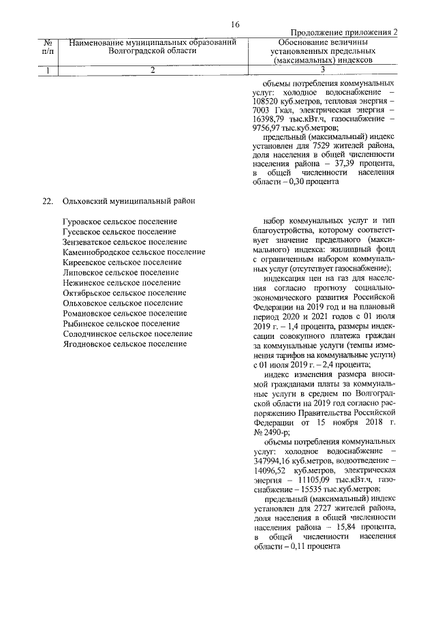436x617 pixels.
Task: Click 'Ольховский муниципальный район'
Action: [x=127, y=202]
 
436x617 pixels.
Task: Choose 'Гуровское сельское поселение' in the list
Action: [x=119, y=222]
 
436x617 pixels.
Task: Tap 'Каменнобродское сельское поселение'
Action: [x=133, y=252]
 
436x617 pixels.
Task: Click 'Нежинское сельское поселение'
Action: [x=121, y=282]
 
